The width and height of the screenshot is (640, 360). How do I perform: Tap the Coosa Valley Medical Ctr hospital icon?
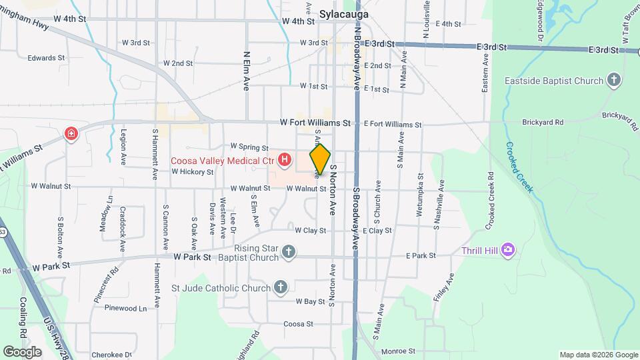click(x=285, y=160)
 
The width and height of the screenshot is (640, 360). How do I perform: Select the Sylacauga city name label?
click(x=344, y=13)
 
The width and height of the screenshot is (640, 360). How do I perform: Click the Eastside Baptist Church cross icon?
click(x=614, y=81)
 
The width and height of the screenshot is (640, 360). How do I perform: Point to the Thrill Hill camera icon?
click(x=508, y=250)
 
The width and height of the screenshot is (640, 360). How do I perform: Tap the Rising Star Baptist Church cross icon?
click(x=288, y=251)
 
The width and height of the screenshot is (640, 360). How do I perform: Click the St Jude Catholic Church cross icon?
click(x=281, y=288)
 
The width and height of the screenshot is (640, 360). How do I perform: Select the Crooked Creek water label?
click(x=519, y=167)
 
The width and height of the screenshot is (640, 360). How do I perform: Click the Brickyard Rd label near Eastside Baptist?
click(x=543, y=123)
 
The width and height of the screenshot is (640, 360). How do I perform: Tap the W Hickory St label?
click(x=192, y=171)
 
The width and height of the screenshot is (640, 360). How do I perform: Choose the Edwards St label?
click(x=46, y=58)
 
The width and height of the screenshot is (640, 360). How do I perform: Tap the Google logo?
click(x=22, y=351)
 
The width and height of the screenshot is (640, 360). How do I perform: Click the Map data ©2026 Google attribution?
click(x=598, y=355)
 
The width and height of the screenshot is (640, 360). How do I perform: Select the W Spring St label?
click(x=249, y=147)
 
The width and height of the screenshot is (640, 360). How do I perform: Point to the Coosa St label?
click(x=298, y=324)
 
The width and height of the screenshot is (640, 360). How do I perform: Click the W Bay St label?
click(x=310, y=301)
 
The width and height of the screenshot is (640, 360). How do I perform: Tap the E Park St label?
click(x=421, y=255)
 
